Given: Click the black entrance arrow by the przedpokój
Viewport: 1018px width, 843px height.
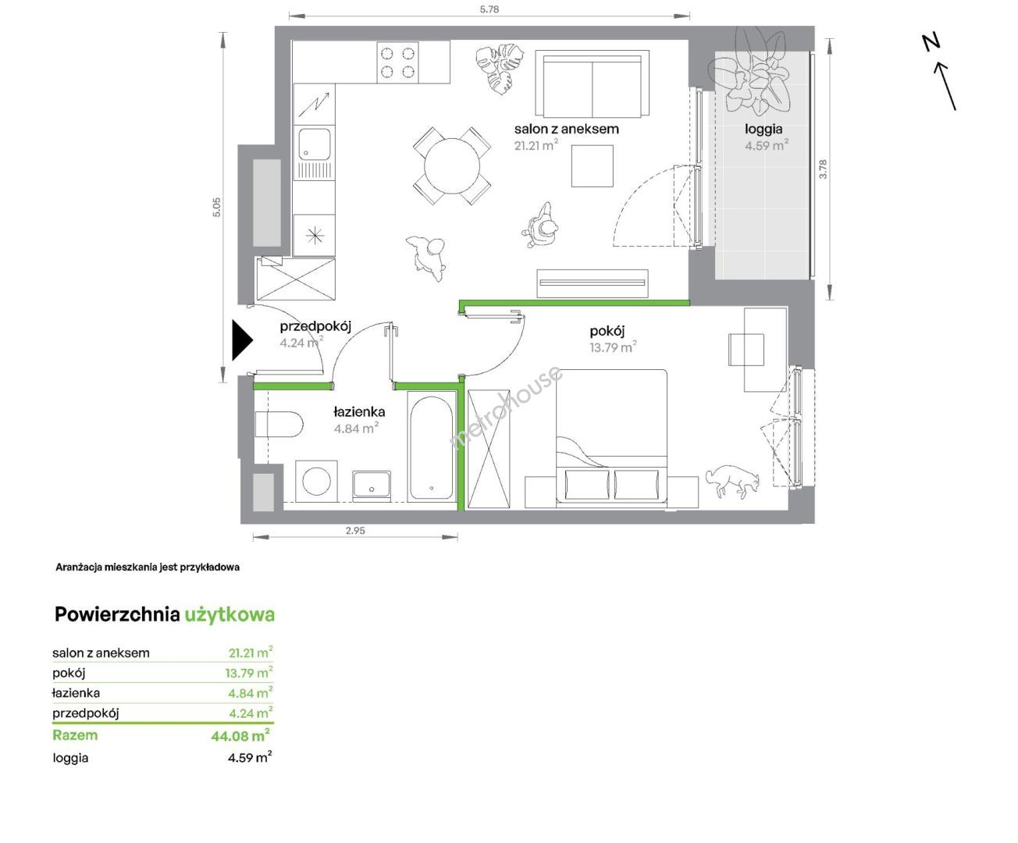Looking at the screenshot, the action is pos(241,340).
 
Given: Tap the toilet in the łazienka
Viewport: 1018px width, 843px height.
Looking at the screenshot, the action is pos(279,424).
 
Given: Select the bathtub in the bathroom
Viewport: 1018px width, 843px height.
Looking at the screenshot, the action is pos(431,448).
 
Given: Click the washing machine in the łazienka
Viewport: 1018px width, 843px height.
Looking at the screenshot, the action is pos(316,481).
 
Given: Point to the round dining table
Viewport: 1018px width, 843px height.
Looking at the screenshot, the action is pos(452,165).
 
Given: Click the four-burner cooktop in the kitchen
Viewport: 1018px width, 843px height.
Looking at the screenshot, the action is pos(397,62).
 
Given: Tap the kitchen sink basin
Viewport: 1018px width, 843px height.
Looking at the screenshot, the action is pos(315,144).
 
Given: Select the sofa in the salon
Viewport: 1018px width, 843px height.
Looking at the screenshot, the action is pos(592,84).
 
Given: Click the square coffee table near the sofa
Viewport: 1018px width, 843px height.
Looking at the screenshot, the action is pos(592,165).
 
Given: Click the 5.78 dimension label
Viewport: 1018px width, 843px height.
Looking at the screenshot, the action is pos(489,9).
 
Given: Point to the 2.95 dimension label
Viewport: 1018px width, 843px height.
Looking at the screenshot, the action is pos(355,531).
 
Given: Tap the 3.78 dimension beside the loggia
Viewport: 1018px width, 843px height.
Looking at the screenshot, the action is pos(824,169).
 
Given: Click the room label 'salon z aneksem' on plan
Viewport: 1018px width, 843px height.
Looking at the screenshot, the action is pos(567,129).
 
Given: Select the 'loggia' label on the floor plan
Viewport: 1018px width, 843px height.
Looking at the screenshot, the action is pos(763,130).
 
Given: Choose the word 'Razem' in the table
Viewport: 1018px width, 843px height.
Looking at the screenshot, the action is pos(75,735).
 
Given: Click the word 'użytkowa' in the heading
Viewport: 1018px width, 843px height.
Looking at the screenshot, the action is pos(230,615).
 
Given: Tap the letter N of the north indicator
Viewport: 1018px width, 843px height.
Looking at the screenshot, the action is pos(931,42).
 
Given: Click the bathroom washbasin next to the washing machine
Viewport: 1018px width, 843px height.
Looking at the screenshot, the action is pos(372,486).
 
